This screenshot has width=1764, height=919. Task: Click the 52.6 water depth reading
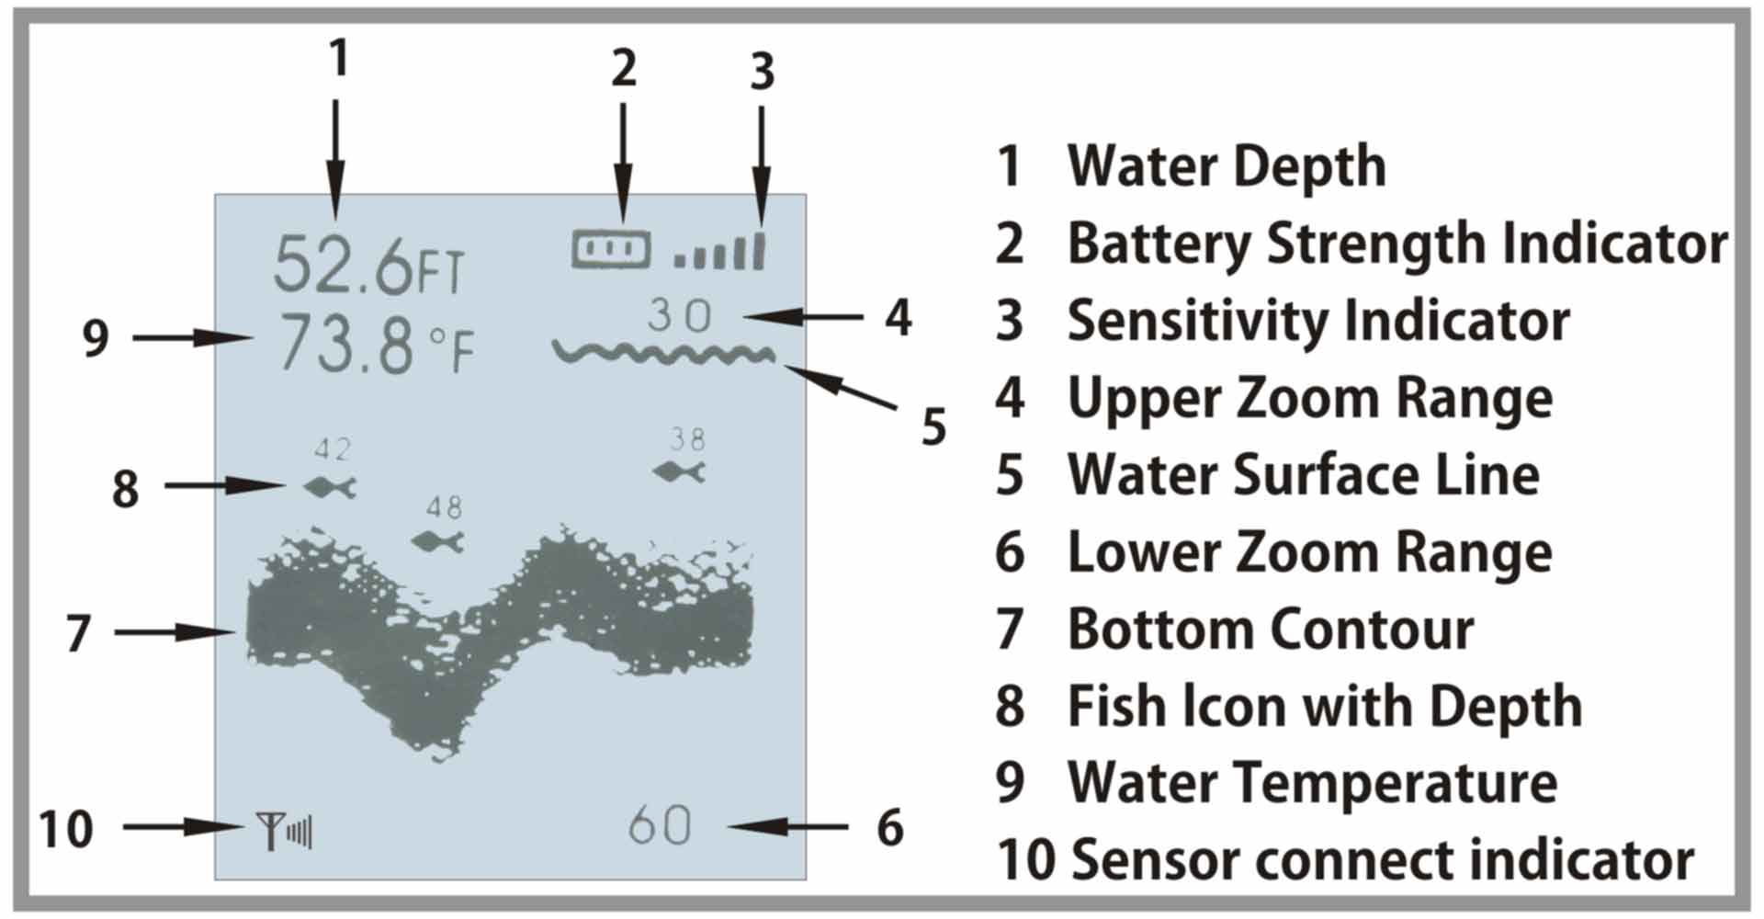click(343, 265)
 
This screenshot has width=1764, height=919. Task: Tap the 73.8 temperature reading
click(345, 345)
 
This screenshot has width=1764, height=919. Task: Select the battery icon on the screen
click(611, 249)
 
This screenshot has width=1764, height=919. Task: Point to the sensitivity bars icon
click(720, 252)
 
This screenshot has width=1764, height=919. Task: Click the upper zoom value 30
click(680, 316)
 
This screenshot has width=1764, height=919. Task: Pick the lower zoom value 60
click(660, 825)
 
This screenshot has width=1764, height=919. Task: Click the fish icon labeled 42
click(330, 487)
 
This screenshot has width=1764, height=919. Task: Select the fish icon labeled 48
click(438, 541)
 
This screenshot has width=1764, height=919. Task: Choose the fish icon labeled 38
click(680, 472)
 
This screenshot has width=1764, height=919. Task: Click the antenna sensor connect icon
click(284, 832)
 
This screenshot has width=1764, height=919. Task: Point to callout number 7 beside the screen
click(79, 633)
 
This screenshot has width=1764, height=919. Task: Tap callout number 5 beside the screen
click(933, 427)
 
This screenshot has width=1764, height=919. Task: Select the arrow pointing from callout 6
click(788, 827)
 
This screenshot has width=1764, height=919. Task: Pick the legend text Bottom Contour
click(1271, 630)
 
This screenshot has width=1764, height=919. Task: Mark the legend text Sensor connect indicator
click(1383, 860)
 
